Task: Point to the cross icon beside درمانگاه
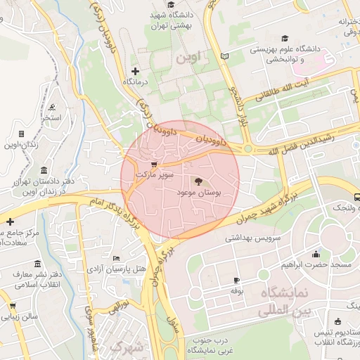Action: pos(136,71)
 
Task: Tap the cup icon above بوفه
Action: pos(236,280)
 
